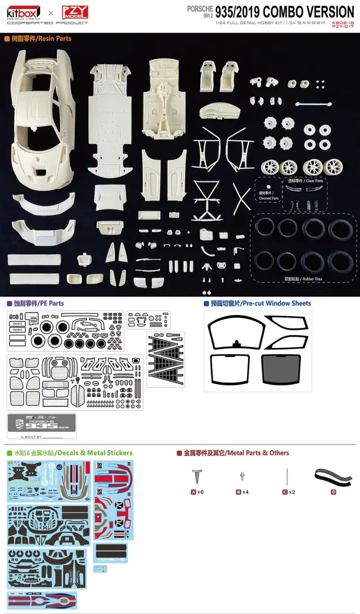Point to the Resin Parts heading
[x=38, y=39]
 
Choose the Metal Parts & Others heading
[x=236, y=453]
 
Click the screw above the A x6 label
[x=197, y=477]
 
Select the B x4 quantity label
[x=242, y=492]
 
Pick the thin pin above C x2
[x=287, y=476]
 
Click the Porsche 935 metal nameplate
[x=41, y=425]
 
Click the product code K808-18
[x=343, y=21]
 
